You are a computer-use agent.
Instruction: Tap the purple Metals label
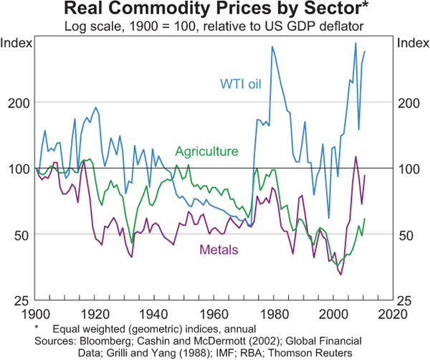pyautogui.click(x=219, y=250)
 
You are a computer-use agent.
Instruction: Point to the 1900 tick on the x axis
pyautogui.click(x=36, y=313)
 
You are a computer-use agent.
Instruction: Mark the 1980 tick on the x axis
pyautogui.click(x=272, y=313)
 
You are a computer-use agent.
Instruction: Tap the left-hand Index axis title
pyautogui.click(x=17, y=42)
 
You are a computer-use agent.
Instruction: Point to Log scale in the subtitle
pyautogui.click(x=90, y=27)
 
